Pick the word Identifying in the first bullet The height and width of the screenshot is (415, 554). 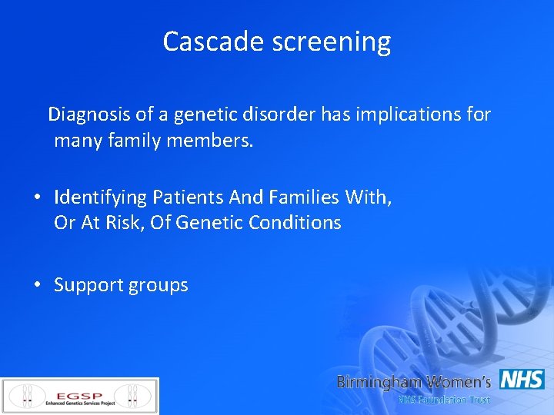pos(100,198)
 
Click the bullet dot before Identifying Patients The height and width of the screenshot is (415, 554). pos(37,198)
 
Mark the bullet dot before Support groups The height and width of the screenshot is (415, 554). pos(37,285)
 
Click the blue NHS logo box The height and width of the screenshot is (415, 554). pos(522,380)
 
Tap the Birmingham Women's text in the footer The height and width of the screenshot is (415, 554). pos(414,382)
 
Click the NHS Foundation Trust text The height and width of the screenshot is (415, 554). pos(443,400)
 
